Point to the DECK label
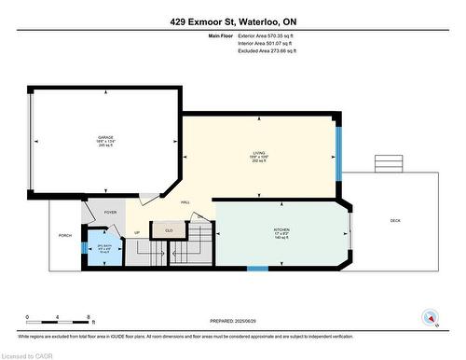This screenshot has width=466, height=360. coord(395,220)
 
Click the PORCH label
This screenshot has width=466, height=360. coord(64,235)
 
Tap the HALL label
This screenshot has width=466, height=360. coord(185,201)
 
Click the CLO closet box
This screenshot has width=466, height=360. coord(169,229)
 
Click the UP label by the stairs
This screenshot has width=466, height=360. coord(137,232)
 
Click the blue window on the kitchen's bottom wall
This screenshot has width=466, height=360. coord(258,269)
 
